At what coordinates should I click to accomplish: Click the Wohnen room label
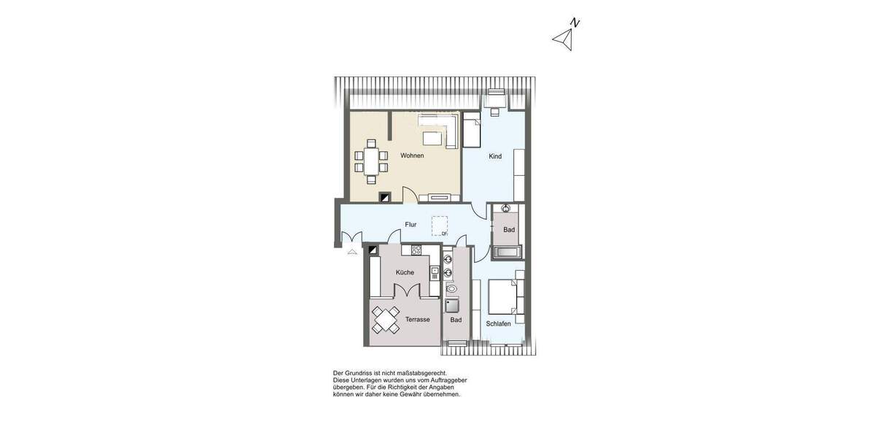[412, 155]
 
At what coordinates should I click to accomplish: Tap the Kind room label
[495, 156]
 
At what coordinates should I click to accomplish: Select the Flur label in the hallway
[411, 225]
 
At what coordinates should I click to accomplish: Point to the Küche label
[405, 272]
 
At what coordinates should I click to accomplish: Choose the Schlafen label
[498, 323]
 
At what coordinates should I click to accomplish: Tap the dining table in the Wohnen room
[372, 161]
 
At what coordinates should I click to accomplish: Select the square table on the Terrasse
[386, 320]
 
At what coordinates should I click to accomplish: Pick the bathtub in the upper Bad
[506, 253]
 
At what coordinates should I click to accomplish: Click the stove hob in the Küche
[416, 250]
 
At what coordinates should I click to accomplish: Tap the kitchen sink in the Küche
[435, 273]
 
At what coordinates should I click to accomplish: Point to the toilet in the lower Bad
[450, 288]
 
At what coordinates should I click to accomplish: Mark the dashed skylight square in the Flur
[440, 226]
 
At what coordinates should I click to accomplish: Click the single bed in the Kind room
[472, 132]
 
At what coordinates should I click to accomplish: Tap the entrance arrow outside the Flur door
[352, 251]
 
